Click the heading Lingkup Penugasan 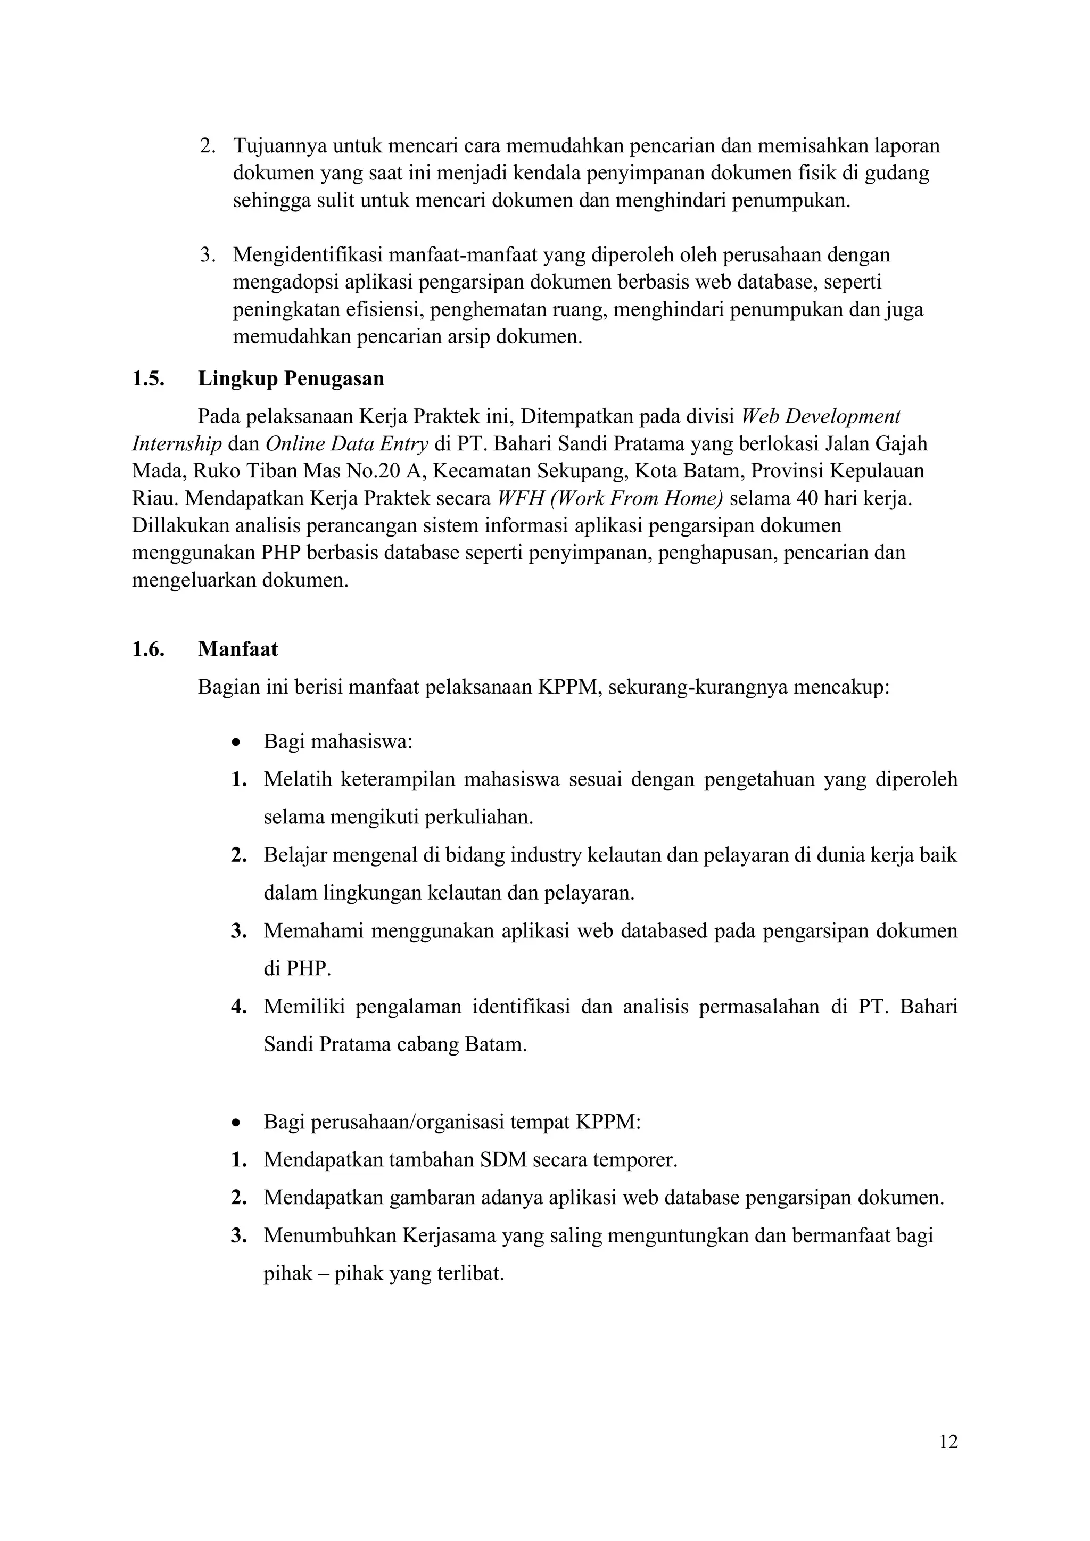pos(291,378)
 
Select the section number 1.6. pos(148,649)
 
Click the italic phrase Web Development pos(820,416)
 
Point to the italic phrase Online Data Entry pos(346,443)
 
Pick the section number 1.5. pos(148,378)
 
